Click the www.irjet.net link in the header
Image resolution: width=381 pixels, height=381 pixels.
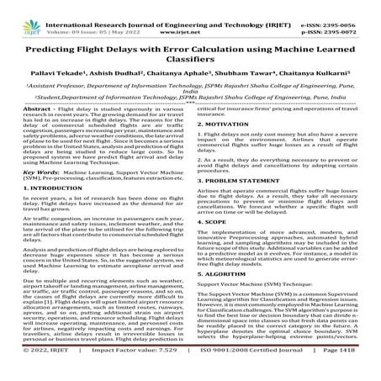click(x=191, y=15)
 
